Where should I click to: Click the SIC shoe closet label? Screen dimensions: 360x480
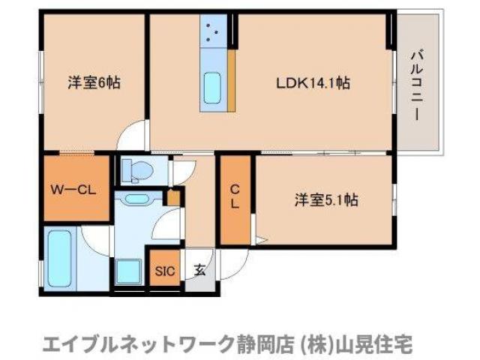pyautogui.click(x=165, y=271)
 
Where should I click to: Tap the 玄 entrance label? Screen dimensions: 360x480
pyautogui.click(x=200, y=271)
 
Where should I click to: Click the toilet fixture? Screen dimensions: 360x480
pyautogui.click(x=136, y=170)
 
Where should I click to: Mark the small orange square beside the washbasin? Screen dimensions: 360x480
pyautogui.click(x=173, y=197)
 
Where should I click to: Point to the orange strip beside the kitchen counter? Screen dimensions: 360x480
pyautogui.click(x=232, y=82)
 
